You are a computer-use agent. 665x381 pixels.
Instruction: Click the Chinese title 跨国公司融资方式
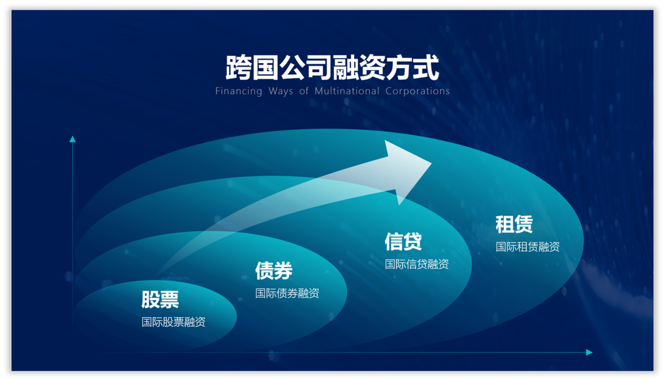(332, 68)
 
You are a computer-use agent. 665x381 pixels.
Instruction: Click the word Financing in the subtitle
(239, 91)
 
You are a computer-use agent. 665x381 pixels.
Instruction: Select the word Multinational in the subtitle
(347, 91)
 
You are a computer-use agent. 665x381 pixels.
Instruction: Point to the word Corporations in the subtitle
(418, 91)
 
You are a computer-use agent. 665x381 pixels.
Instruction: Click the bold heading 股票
(160, 300)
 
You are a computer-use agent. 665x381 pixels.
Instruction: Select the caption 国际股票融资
(173, 322)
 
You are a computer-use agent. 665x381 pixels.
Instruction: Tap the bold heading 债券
(274, 271)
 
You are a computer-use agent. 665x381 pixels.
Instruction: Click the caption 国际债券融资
(287, 294)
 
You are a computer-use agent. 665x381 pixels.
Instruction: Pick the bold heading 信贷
(403, 242)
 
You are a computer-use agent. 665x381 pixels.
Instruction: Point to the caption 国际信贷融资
(417, 264)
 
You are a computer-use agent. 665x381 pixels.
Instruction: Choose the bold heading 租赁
(514, 225)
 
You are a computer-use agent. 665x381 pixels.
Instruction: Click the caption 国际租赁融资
(528, 247)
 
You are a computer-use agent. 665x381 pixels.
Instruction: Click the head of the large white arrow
(408, 171)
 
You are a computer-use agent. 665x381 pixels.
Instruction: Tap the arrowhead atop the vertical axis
(72, 139)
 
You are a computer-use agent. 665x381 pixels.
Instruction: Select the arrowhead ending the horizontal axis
(589, 353)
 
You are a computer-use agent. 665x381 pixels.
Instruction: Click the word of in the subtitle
(304, 91)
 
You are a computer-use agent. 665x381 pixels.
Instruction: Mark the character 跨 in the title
(239, 68)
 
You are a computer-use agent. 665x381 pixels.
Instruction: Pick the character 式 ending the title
(426, 68)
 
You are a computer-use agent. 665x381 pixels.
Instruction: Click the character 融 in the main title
(346, 68)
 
